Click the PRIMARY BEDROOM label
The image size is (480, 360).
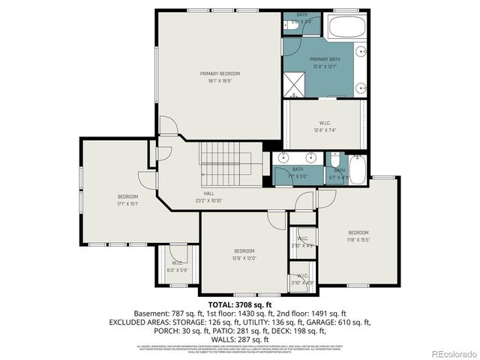click(x=220, y=73)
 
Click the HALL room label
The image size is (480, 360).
click(x=208, y=193)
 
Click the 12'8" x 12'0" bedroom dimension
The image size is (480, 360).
click(x=244, y=258)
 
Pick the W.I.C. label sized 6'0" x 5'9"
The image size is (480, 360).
click(x=178, y=269)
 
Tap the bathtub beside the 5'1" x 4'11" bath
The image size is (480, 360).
click(x=357, y=169)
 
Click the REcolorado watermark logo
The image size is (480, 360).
click(x=448, y=352)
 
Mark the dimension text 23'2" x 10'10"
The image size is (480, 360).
click(x=208, y=200)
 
